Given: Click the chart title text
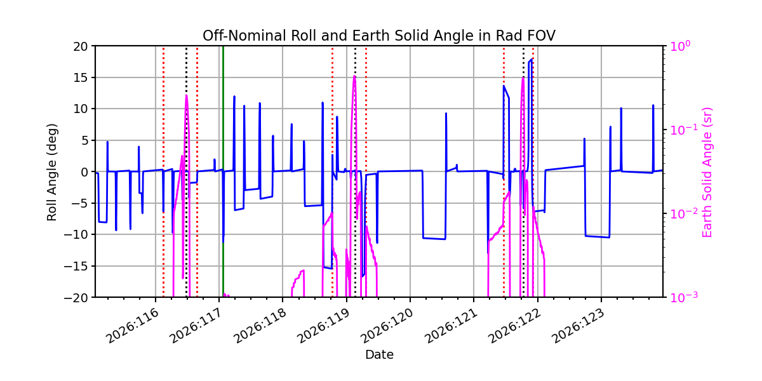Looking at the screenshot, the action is click(x=379, y=36).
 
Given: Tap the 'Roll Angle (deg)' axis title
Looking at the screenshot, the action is click(x=51, y=172).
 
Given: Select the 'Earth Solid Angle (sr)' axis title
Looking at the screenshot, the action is click(x=707, y=172).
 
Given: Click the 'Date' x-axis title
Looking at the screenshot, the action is click(x=379, y=355).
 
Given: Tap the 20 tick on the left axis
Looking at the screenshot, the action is click(x=80, y=46).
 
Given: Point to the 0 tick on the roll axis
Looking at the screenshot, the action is click(x=84, y=172).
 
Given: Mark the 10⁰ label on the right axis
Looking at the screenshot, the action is click(x=680, y=46).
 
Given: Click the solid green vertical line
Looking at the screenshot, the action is click(x=223, y=172).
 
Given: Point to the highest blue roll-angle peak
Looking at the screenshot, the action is click(x=531, y=59).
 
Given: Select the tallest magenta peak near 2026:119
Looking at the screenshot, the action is click(x=354, y=76).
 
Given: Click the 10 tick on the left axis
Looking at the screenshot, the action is click(x=80, y=109).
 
